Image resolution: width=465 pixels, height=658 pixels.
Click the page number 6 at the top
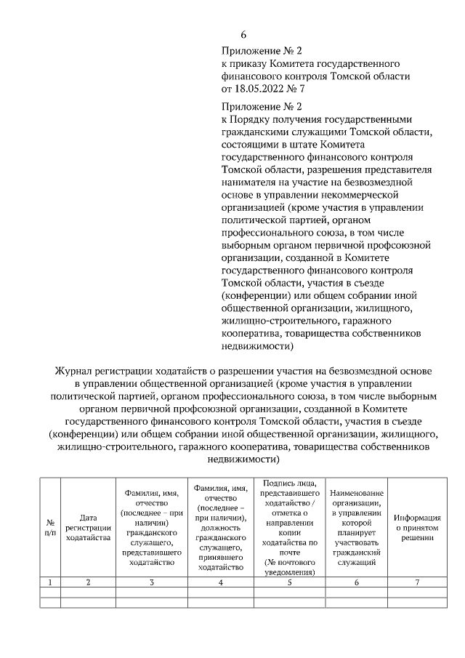(x=244, y=34)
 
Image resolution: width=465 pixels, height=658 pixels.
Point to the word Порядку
(x=252, y=119)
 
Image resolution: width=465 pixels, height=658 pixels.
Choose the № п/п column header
(x=49, y=527)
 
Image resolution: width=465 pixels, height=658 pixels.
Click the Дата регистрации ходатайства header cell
(x=88, y=527)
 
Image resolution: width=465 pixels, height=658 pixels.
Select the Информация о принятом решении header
(x=417, y=527)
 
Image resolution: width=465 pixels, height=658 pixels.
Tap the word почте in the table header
(x=288, y=552)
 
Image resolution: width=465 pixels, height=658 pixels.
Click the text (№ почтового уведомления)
(x=288, y=567)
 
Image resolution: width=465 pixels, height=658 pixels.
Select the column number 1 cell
(x=49, y=582)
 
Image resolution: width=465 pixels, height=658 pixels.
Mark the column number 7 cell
(x=417, y=582)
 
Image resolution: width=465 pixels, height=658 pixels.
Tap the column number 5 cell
(x=288, y=582)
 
